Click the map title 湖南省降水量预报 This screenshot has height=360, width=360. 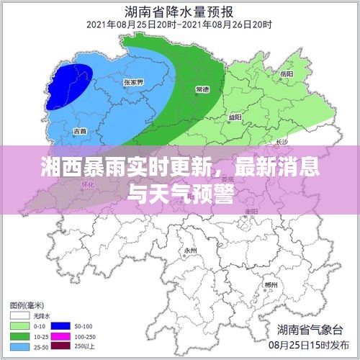point(180,12)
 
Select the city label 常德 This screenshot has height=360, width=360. point(203,89)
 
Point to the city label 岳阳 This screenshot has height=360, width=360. point(286,74)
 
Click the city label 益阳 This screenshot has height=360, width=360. point(235,115)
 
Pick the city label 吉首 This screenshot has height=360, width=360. point(80,131)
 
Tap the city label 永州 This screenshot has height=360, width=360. point(190,250)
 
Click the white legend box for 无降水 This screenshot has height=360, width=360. point(19,315)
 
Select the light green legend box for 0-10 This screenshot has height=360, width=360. point(19,325)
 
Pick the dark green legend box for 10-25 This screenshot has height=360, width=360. point(19,336)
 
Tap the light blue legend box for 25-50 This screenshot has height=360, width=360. point(19,346)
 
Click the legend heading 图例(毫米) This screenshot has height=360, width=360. point(27,304)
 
